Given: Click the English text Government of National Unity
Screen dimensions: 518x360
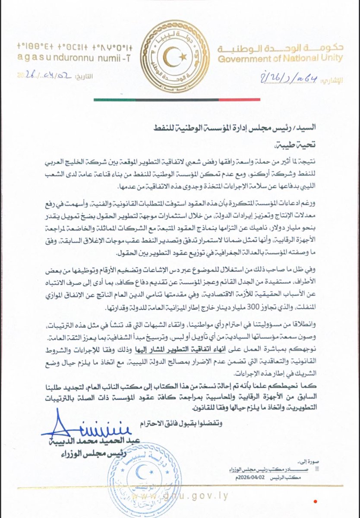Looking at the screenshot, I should [280, 59].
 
